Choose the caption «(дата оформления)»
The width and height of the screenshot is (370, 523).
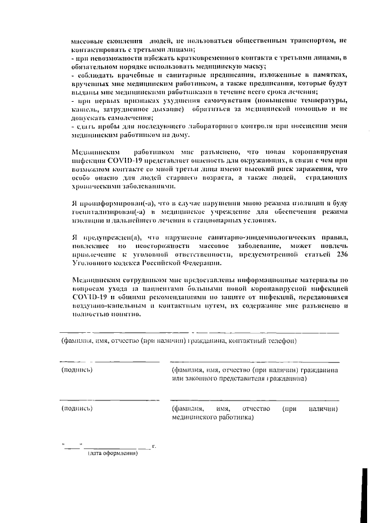coord(112,453)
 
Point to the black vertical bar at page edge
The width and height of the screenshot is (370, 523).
coord(364,485)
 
